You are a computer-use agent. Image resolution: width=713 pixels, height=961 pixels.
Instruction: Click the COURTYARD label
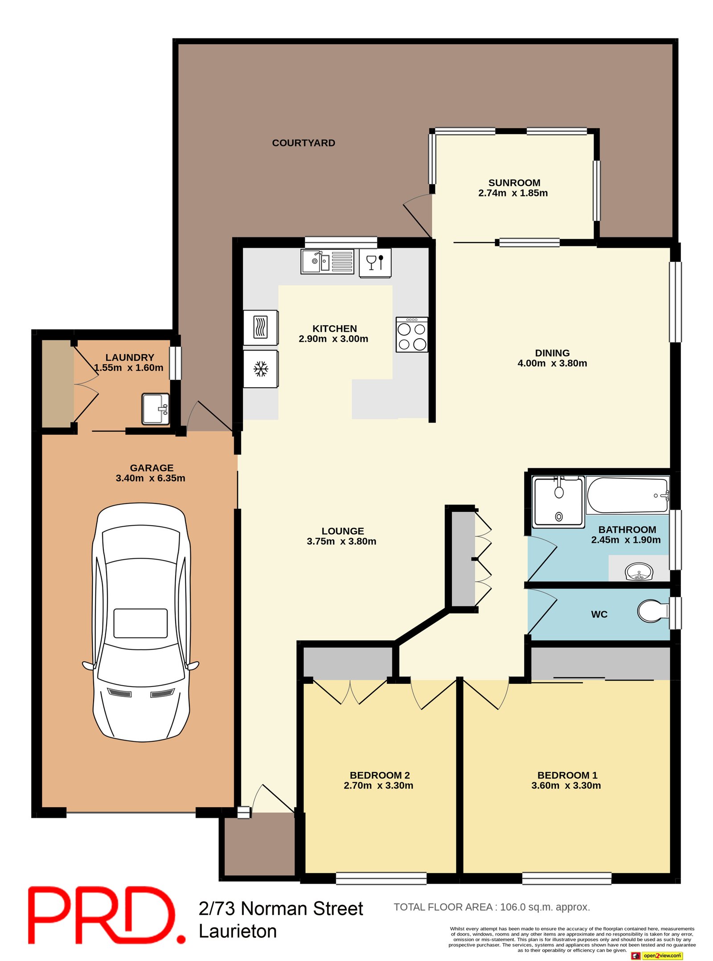[x=303, y=143]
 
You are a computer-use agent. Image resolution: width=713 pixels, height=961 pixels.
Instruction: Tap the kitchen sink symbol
[x=327, y=261]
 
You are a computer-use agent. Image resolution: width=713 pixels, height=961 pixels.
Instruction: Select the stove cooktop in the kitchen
[x=411, y=334]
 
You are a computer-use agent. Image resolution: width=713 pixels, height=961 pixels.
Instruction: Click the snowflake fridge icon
[x=261, y=368]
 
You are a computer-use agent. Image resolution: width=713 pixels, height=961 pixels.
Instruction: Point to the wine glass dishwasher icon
[x=375, y=263]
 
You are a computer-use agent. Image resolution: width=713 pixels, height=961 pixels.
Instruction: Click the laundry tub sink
[x=156, y=409]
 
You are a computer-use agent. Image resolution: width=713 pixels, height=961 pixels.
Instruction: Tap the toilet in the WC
[x=653, y=610]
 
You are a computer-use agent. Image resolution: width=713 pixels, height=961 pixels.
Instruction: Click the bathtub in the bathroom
[x=627, y=495]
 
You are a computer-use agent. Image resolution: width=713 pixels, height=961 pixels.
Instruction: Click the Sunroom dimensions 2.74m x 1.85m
[x=513, y=193]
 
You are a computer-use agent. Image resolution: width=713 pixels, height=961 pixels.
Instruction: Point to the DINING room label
[x=552, y=353]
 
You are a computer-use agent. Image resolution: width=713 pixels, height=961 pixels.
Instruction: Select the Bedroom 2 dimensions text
[x=378, y=785]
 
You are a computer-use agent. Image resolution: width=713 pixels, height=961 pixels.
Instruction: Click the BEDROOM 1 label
[x=567, y=775]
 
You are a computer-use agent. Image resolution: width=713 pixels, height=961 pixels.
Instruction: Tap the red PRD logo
[x=107, y=915]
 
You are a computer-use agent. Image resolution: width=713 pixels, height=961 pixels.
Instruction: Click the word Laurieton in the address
[x=238, y=931]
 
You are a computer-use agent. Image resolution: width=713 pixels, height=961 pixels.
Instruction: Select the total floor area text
[x=492, y=907]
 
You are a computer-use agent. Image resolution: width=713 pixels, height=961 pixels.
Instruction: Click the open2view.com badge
[x=657, y=955]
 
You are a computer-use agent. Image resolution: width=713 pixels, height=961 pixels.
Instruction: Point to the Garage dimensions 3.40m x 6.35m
[x=151, y=478]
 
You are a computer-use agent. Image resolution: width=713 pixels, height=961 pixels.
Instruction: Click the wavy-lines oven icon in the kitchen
[x=261, y=327]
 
